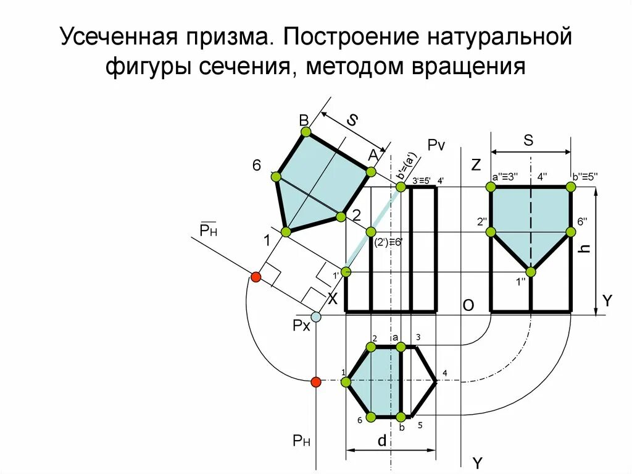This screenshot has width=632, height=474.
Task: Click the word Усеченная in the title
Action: point(116,38)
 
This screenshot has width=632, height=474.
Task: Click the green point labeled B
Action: point(306,132)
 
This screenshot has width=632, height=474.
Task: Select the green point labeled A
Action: point(372,172)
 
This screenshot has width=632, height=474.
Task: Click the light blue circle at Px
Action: point(316,317)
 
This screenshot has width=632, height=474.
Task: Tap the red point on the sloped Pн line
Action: point(256,277)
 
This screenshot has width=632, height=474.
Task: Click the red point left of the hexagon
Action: point(316,382)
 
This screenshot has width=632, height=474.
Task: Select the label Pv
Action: point(436,145)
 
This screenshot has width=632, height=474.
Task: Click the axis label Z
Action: point(475,165)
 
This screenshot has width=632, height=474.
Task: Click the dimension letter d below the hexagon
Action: point(382,441)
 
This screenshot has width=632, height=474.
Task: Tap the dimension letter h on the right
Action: point(587,249)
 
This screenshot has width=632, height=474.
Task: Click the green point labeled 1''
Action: point(531,271)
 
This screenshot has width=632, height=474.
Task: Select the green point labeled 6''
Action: point(570,232)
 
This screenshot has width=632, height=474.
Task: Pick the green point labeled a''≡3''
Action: point(492,187)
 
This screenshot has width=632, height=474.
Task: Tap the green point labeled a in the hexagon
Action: point(401,347)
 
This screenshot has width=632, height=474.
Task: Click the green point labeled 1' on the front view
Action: point(346,271)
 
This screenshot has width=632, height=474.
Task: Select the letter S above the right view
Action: point(528,140)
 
